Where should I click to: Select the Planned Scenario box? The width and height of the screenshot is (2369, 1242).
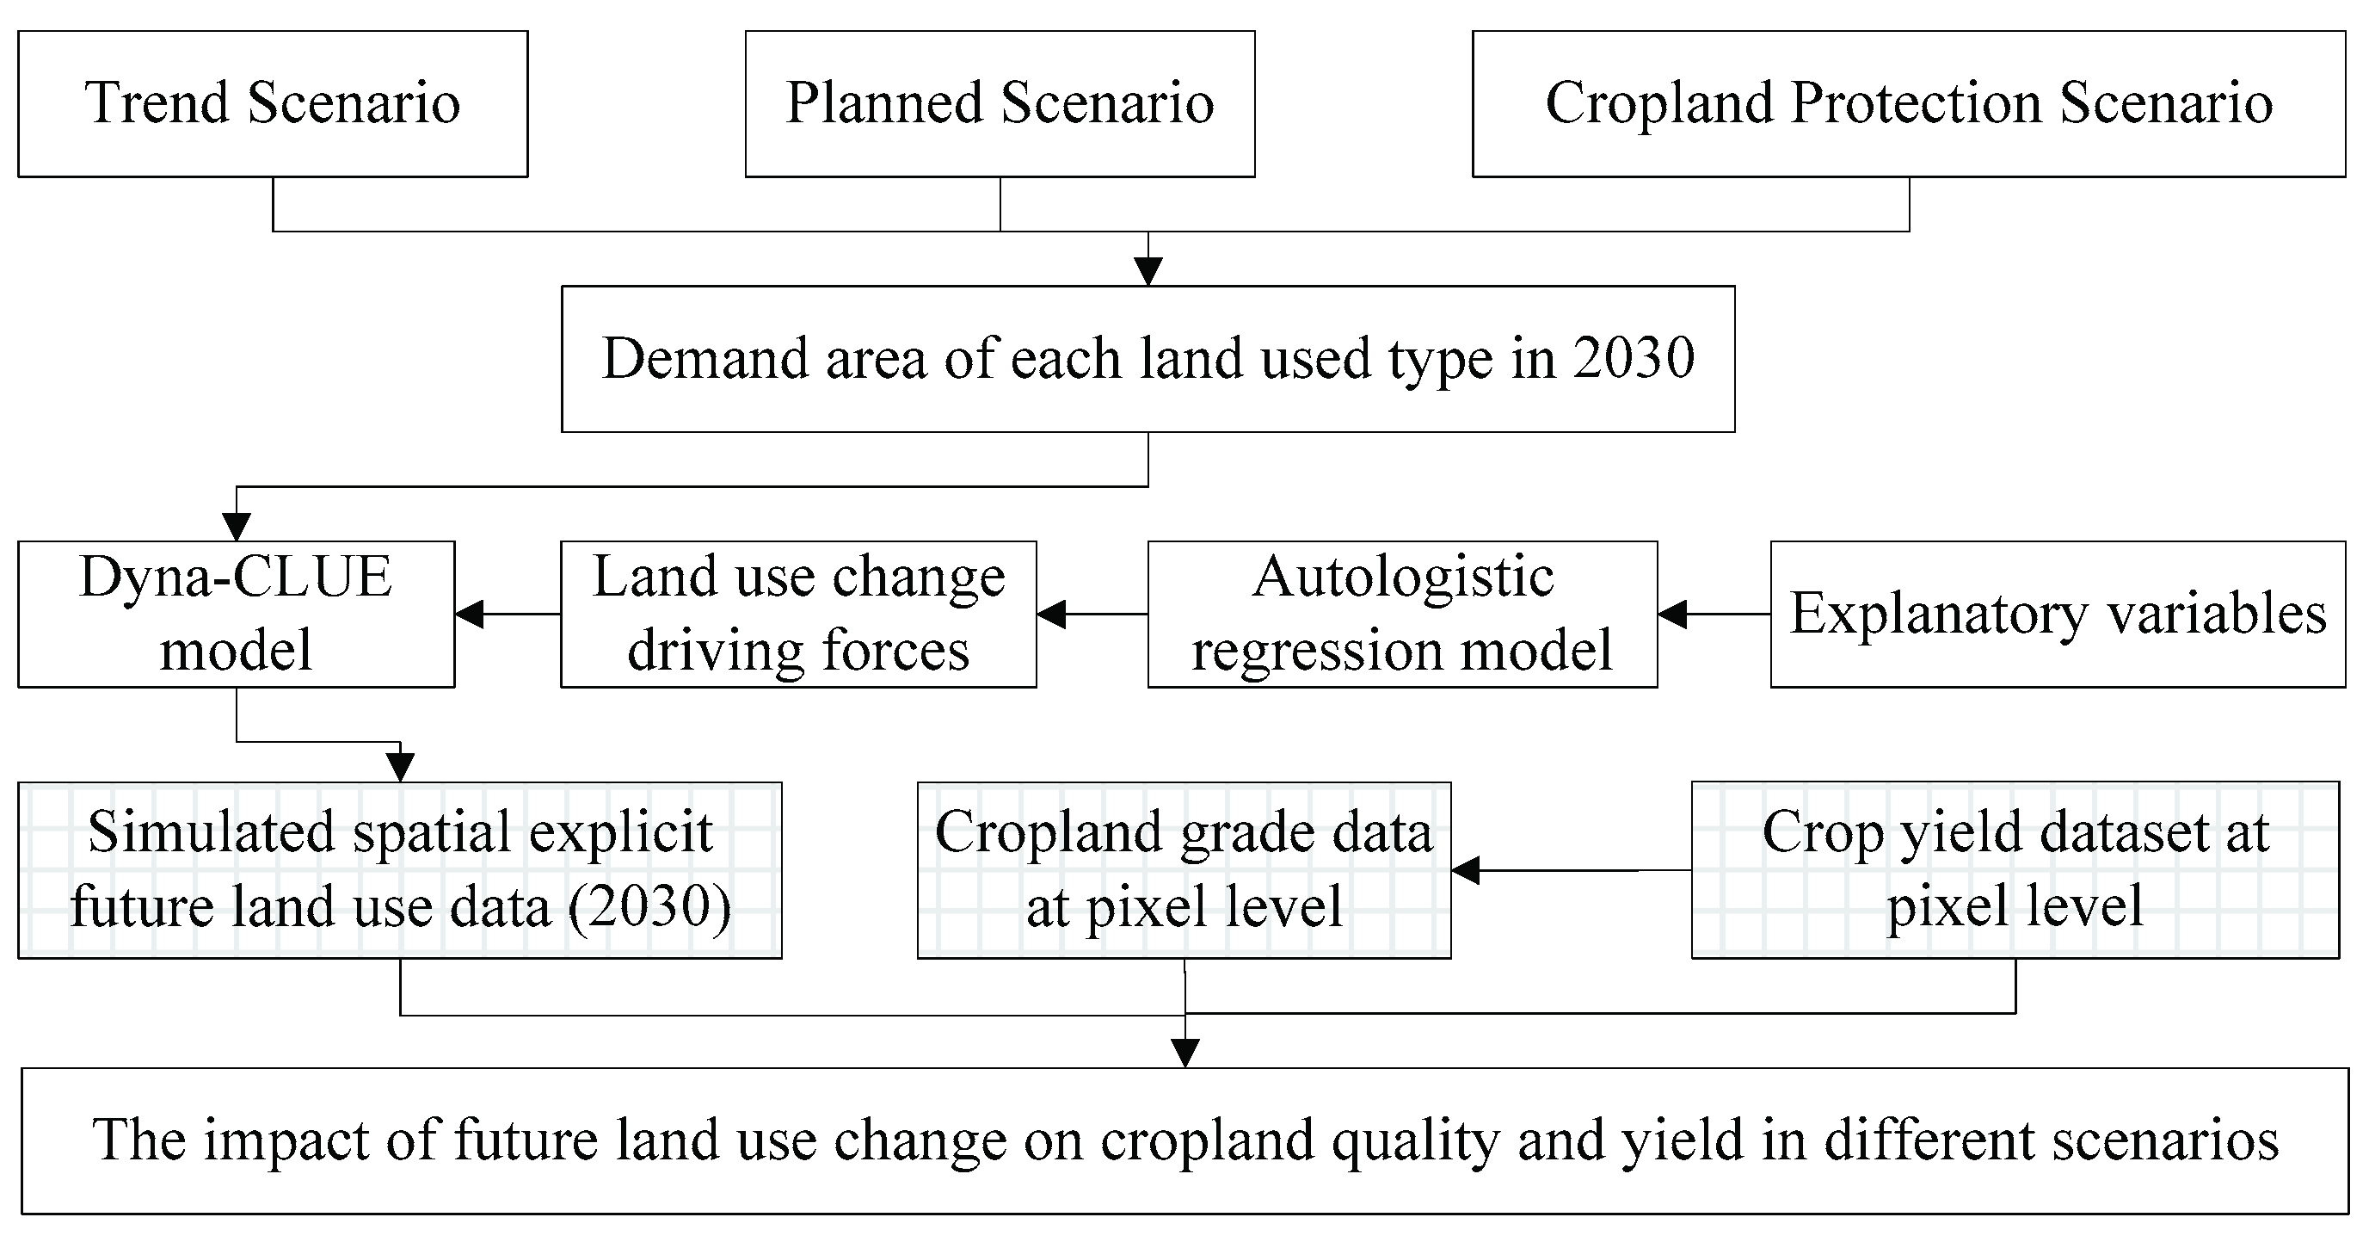[x=1000, y=103]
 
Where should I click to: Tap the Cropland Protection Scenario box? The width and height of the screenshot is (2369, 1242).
[x=1908, y=103]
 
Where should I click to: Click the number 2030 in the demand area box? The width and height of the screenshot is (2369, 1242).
[x=1634, y=358]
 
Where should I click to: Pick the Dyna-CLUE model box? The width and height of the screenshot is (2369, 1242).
[x=236, y=614]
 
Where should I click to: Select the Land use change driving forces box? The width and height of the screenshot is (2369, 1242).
[x=798, y=614]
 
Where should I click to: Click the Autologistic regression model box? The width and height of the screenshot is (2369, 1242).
[x=1401, y=614]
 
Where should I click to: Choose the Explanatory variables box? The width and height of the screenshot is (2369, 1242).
[x=2058, y=614]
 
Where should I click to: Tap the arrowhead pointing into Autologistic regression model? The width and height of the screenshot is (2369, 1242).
[x=1673, y=614]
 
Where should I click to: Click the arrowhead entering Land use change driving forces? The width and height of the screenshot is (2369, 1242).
[x=1052, y=614]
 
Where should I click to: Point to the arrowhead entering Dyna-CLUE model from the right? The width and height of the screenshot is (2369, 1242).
[x=470, y=614]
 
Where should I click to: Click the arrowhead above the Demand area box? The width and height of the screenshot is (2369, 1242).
[x=1148, y=271]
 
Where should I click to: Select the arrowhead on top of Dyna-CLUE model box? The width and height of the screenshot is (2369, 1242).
[x=237, y=527]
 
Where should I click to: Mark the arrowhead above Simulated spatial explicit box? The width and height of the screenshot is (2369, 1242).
[x=400, y=767]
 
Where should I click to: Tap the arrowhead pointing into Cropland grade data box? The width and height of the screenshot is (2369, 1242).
[x=1466, y=869]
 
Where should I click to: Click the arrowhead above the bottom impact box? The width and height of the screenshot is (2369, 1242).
[x=1185, y=1053]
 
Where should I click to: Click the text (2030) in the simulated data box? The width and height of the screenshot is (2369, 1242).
[x=649, y=907]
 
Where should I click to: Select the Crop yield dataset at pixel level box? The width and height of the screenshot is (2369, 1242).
[x=2015, y=869]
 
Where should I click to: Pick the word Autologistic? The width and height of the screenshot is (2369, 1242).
[x=1401, y=578]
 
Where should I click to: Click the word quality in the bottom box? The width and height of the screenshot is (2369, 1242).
[x=1413, y=1141]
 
